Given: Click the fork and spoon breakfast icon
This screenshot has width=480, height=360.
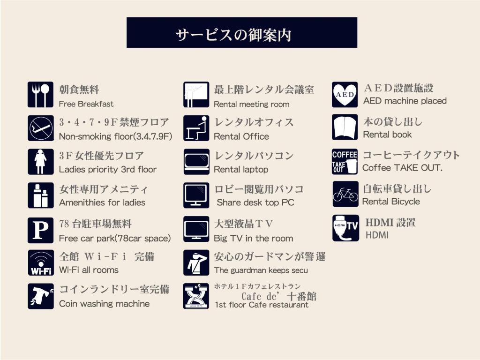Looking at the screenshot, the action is [x=40, y=95].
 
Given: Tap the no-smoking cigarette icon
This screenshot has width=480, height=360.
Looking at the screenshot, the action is [x=40, y=128].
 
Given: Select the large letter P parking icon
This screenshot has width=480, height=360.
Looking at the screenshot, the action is [x=40, y=230].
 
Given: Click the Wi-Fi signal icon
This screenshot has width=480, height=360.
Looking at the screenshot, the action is [x=40, y=262].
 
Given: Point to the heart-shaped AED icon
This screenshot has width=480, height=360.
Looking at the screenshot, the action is [x=345, y=95].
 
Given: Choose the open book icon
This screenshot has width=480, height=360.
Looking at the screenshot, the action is [x=345, y=127].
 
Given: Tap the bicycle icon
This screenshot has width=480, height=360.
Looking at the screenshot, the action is [x=345, y=194].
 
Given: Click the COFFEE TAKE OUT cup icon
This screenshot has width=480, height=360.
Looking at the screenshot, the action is [x=345, y=162].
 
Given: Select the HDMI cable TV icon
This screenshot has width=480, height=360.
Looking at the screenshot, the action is [x=345, y=228].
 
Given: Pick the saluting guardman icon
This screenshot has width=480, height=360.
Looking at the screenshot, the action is [x=196, y=262].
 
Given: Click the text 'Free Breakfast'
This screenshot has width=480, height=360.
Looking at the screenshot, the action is [x=86, y=104].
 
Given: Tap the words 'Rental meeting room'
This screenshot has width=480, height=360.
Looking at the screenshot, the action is [x=251, y=105].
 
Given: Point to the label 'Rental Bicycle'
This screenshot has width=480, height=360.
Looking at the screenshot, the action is [x=391, y=202].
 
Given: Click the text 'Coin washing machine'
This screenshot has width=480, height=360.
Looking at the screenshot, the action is [x=105, y=304].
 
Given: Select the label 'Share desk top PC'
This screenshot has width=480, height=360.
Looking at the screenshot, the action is [x=255, y=202].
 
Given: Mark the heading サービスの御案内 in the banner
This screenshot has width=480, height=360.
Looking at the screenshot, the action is [x=233, y=35].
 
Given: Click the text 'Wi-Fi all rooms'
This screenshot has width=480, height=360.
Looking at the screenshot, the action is [x=89, y=270].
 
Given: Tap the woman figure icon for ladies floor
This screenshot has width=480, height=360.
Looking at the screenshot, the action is [x=40, y=162].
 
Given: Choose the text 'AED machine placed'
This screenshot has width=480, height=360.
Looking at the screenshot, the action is [x=405, y=101].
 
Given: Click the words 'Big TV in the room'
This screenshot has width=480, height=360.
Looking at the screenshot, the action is [x=253, y=238].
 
